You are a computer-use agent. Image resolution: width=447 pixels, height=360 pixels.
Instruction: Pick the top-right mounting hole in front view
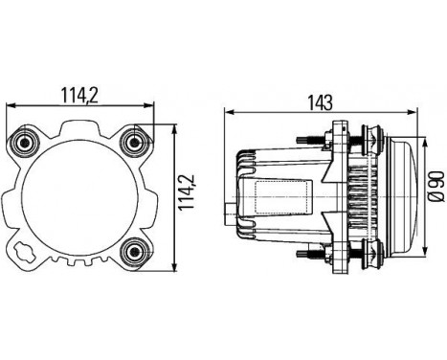(134, 142)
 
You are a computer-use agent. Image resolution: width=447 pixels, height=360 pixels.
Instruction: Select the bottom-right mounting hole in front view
(134, 252)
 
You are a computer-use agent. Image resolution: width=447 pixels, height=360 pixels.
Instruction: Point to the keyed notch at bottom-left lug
(26, 254)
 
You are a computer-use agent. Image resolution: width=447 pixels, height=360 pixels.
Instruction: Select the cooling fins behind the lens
(353, 198)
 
